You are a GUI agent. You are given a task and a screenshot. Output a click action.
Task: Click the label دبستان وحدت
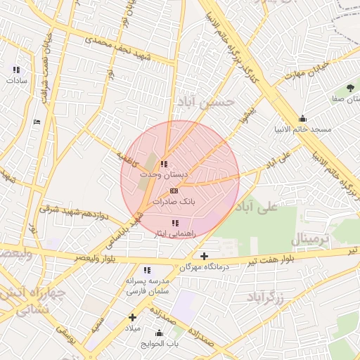165,173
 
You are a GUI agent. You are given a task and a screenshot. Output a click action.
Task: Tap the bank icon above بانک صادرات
174,191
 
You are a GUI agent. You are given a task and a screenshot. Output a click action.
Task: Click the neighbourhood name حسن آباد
205,102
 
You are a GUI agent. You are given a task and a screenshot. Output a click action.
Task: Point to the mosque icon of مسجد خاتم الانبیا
302,119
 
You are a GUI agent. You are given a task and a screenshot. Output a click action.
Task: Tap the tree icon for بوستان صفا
350,88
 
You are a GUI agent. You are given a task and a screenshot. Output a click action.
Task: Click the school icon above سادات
16,70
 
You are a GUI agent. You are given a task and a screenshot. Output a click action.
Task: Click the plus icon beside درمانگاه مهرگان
205,257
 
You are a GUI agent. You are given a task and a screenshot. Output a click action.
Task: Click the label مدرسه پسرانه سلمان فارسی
148,285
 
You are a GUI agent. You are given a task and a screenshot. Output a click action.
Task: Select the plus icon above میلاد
132,317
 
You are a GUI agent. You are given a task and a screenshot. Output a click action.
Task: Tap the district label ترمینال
310,238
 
